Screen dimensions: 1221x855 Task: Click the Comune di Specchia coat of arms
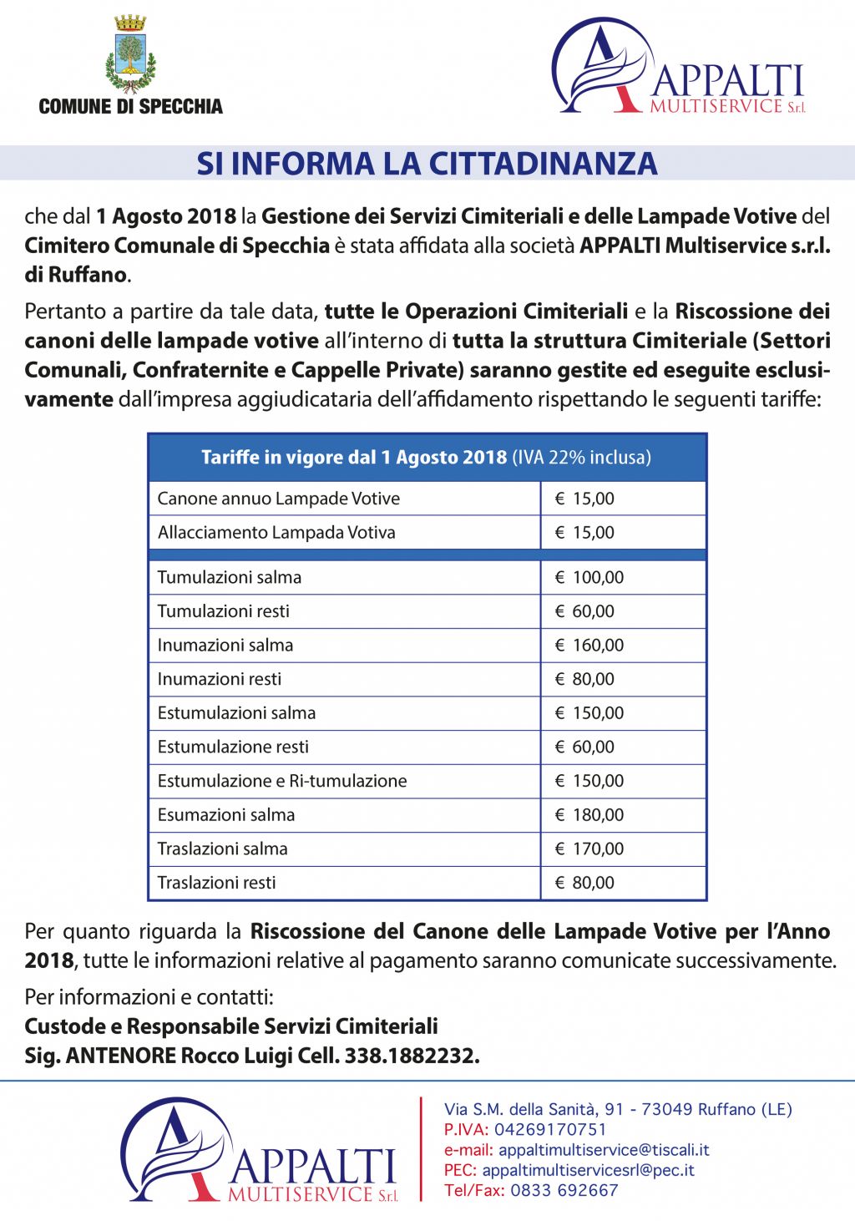click(x=130, y=55)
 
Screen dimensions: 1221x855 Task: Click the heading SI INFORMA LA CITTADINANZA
click(x=427, y=164)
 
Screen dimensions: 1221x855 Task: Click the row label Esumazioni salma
click(x=226, y=815)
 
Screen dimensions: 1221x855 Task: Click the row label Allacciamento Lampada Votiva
click(x=276, y=533)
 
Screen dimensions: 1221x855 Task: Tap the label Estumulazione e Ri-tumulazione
click(x=282, y=781)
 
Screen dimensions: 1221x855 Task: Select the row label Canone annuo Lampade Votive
click(x=279, y=499)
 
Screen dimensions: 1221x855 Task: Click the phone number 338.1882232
click(x=412, y=1056)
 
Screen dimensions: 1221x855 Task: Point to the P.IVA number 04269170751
click(x=550, y=1130)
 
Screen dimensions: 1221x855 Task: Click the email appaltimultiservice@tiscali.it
click(x=604, y=1150)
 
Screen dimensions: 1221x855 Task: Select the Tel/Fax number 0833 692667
click(x=564, y=1190)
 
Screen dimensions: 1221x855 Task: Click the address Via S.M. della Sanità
click(x=618, y=1109)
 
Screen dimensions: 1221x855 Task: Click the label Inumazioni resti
click(x=220, y=679)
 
